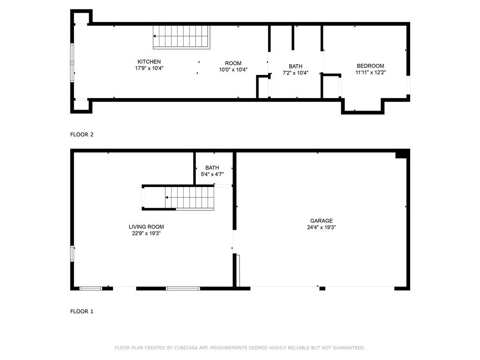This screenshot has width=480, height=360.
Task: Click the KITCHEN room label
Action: click(x=149, y=62)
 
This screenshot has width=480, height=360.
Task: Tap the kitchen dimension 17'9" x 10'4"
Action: click(x=149, y=68)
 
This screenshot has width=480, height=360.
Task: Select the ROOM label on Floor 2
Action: click(x=233, y=63)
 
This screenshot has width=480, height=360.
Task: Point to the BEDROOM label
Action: click(x=370, y=66)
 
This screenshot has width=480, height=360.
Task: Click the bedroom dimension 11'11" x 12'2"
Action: click(x=370, y=73)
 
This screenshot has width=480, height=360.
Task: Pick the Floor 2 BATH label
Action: click(x=295, y=67)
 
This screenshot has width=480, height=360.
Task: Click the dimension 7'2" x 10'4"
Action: click(x=295, y=73)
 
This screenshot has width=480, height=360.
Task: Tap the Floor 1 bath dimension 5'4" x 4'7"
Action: click(x=212, y=174)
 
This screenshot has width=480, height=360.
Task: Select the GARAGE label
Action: click(x=321, y=221)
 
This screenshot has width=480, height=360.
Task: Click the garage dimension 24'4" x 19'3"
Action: click(x=321, y=227)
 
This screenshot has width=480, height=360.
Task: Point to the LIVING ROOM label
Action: click(x=146, y=227)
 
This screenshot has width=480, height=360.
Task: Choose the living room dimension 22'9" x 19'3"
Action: click(x=146, y=233)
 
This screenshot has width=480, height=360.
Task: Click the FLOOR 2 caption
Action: click(x=82, y=135)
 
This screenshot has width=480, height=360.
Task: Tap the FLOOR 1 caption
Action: click(x=82, y=311)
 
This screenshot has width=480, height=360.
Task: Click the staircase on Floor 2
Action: click(x=181, y=37)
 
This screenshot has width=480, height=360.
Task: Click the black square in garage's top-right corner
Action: click(x=402, y=154)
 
